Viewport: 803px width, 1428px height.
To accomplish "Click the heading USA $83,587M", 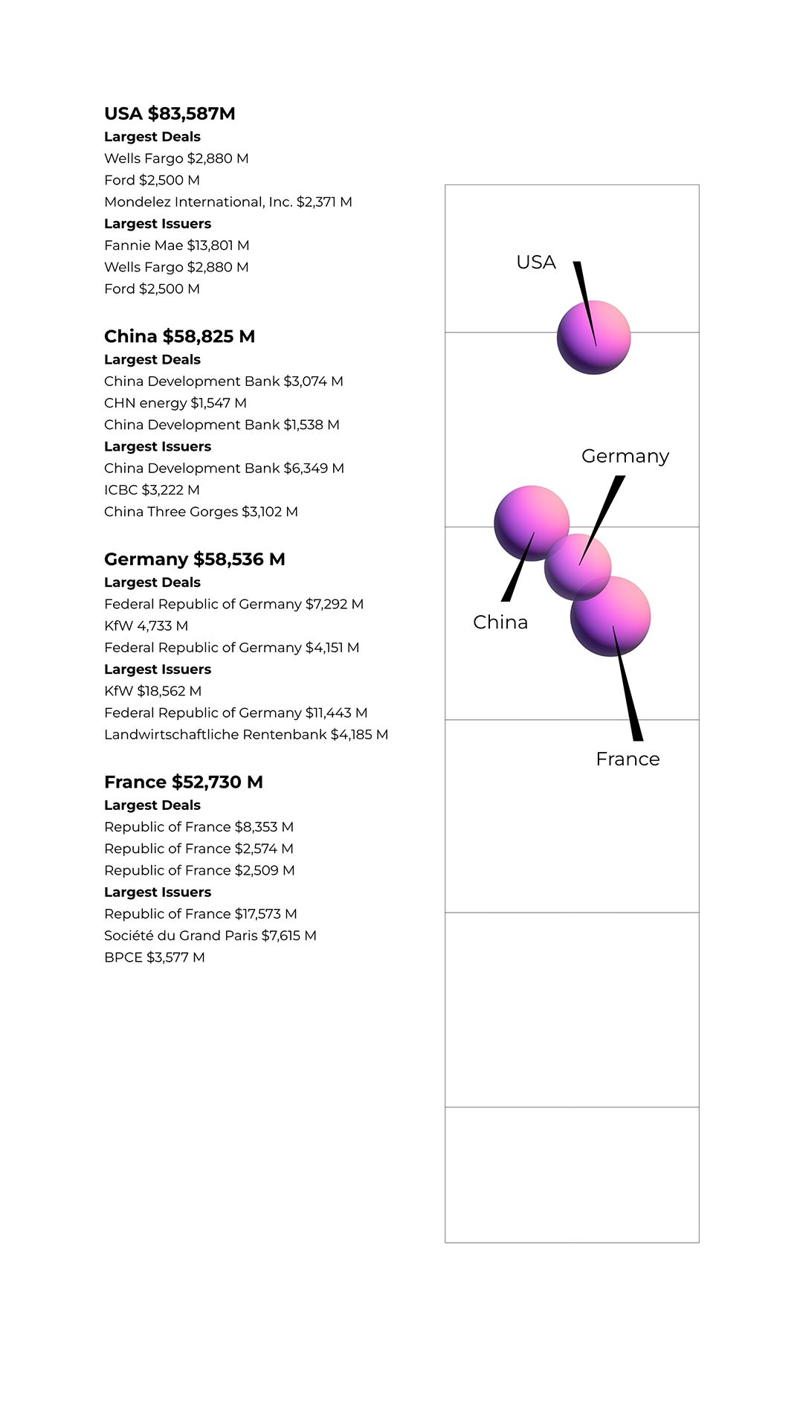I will coord(170,114).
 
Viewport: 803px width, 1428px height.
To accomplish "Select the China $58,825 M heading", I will coord(179,336).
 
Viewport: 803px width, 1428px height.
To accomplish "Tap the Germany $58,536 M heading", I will coord(194,559).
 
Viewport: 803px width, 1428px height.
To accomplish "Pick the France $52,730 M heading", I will coord(183,782).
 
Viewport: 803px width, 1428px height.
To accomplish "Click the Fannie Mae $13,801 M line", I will coord(176,245).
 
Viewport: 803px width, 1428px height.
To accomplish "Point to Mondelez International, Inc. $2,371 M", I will coord(228,202).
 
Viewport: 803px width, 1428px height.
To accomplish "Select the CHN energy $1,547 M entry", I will coord(175,403).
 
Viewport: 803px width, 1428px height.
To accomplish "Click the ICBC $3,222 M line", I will coord(152,490).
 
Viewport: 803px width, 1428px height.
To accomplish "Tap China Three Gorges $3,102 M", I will coord(201,512).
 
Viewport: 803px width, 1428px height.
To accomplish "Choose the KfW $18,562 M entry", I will coord(152,691).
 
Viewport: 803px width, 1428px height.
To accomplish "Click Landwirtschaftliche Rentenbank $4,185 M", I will coord(245,735).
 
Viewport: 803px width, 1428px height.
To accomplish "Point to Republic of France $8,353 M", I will coord(199,827).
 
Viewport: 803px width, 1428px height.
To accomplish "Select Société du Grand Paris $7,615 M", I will coord(210,936).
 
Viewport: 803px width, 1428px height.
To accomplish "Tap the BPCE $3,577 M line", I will coord(154,957).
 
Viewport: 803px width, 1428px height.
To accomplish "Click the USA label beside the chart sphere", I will coord(535,263).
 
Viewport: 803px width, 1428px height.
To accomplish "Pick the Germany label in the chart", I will coord(625,456).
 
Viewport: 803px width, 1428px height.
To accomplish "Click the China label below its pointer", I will coord(500,623).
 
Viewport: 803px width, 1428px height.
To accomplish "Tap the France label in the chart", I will coord(628,759).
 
